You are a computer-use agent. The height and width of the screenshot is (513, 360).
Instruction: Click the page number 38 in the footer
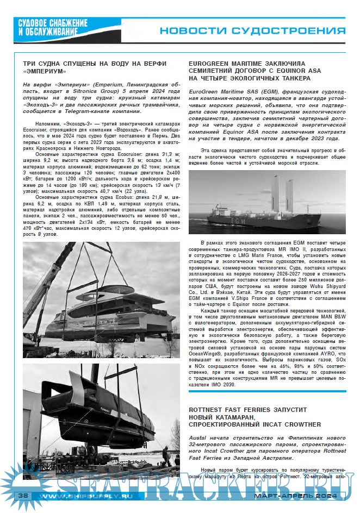click(23, 495)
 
